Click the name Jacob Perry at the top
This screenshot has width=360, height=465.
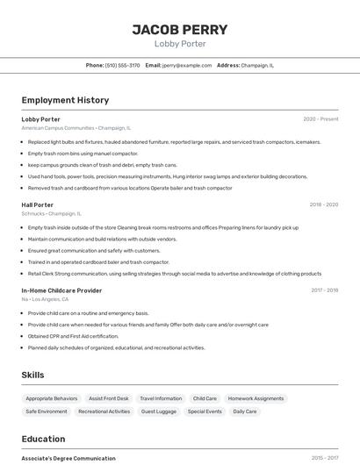180,29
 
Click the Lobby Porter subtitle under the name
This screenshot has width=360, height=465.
180,44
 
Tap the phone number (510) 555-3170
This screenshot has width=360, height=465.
122,65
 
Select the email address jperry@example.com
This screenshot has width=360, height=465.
186,65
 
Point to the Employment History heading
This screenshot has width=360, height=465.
65,100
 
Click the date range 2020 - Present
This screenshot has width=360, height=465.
320,119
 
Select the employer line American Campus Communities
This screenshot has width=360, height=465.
76,128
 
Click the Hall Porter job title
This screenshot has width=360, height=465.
38,204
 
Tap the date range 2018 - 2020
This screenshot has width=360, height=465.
323,204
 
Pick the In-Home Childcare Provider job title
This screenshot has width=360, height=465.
61,290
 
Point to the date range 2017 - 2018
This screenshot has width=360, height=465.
324,290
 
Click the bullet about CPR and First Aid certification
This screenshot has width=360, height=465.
73,336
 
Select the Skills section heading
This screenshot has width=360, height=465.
32,375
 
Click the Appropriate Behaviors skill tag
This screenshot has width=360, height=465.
52,398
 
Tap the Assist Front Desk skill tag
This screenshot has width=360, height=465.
109,398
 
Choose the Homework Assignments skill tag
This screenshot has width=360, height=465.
256,398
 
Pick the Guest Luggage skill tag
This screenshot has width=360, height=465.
159,411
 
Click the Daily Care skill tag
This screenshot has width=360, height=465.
245,411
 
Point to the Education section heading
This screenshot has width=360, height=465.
43,439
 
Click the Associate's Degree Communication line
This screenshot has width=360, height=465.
68,458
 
